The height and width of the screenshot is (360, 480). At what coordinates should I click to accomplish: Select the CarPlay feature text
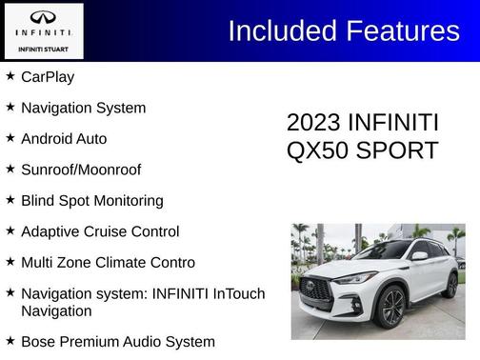pyautogui.click(x=48, y=77)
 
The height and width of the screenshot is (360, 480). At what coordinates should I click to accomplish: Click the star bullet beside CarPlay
pyautogui.click(x=10, y=76)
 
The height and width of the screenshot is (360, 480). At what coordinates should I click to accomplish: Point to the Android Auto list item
pyautogui.click(x=64, y=139)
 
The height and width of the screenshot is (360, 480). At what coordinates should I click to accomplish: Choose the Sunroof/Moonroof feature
pyautogui.click(x=81, y=170)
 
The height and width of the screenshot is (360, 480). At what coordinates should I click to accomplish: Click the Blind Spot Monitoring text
pyautogui.click(x=91, y=201)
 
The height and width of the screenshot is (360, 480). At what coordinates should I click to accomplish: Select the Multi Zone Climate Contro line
pyautogui.click(x=108, y=262)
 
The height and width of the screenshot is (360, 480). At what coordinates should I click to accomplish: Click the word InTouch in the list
pyautogui.click(x=235, y=293)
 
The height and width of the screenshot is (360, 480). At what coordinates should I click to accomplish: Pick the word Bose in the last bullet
pyautogui.click(x=39, y=341)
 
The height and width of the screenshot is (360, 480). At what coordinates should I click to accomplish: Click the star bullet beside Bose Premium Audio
pyautogui.click(x=10, y=340)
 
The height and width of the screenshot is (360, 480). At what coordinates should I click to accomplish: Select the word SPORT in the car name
pyautogui.click(x=396, y=151)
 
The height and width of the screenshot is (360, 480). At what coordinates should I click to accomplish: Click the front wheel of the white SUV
pyautogui.click(x=390, y=306)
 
